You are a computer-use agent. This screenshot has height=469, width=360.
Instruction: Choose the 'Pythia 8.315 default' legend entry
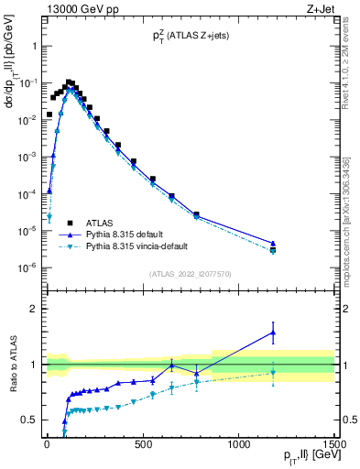125,234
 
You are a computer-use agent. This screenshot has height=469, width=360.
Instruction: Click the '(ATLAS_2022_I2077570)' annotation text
190,273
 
